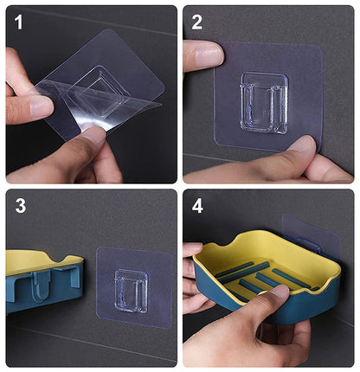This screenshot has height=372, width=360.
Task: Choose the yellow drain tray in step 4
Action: pyautogui.click(x=260, y=268)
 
